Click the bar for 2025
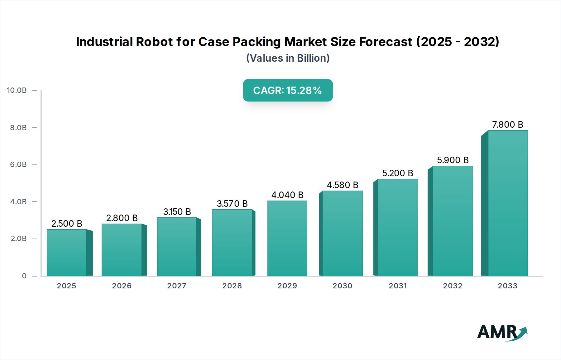click(x=67, y=253)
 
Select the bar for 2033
click(x=508, y=203)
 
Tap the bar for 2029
click(x=287, y=238)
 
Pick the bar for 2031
click(x=397, y=227)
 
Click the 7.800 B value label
click(x=507, y=125)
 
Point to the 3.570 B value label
click(x=232, y=204)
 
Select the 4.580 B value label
click(x=342, y=185)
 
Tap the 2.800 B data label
click(x=122, y=218)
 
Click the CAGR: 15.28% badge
click(x=288, y=90)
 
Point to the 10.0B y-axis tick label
click(x=17, y=90)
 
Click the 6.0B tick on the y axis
click(x=18, y=164)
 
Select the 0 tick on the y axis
click(x=24, y=276)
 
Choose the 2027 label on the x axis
click(x=177, y=286)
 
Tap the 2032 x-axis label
click(x=453, y=286)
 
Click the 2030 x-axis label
click(x=342, y=286)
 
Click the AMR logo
click(x=502, y=332)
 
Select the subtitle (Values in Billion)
click(x=288, y=58)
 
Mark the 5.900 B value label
click(x=453, y=160)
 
